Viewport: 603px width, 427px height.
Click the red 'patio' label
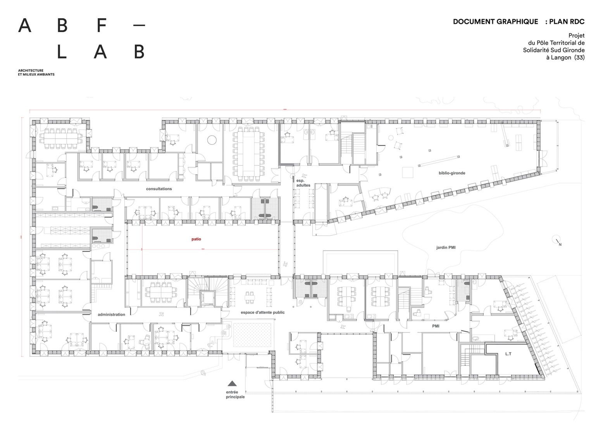coord(196,239)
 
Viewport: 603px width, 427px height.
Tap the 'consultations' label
coord(159,189)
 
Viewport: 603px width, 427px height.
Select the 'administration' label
coord(111,314)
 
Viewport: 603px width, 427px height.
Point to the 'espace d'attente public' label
coord(262,312)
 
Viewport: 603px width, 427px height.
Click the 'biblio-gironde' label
coord(452,173)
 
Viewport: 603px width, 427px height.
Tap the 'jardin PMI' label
coord(446,247)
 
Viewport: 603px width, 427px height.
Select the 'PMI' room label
coord(436,326)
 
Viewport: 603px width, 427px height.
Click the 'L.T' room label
coord(508,354)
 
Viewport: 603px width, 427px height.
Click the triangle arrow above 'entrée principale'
coord(232,384)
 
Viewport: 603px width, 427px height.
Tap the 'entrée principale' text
coord(235,395)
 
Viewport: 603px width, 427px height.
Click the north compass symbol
coord(556,240)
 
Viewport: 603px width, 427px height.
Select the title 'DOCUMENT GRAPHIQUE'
coord(495,22)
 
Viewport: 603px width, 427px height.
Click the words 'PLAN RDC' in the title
coord(567,22)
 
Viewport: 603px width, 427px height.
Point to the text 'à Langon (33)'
coord(565,57)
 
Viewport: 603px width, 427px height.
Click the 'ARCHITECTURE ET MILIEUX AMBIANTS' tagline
coord(36,73)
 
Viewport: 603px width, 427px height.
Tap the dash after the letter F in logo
coord(139,26)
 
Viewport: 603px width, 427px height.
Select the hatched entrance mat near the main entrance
coord(252,334)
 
